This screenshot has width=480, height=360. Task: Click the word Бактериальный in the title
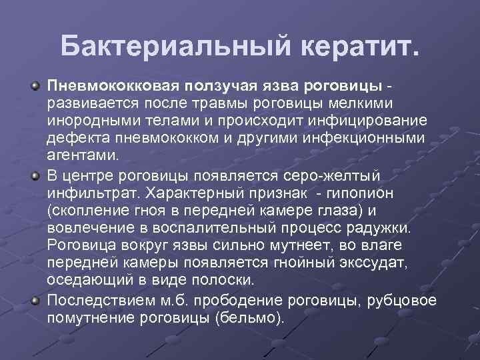pyautogui.click(x=169, y=46)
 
